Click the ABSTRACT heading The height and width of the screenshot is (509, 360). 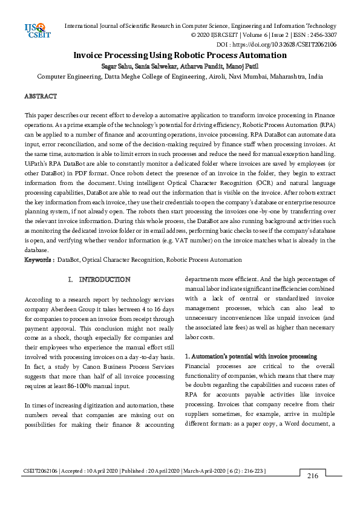(x=40, y=96)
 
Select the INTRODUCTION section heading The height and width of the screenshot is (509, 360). (x=105, y=280)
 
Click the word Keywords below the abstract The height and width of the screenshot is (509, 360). (x=38, y=259)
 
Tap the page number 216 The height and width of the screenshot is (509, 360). (x=312, y=476)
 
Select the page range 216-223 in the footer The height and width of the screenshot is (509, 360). (x=252, y=470)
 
